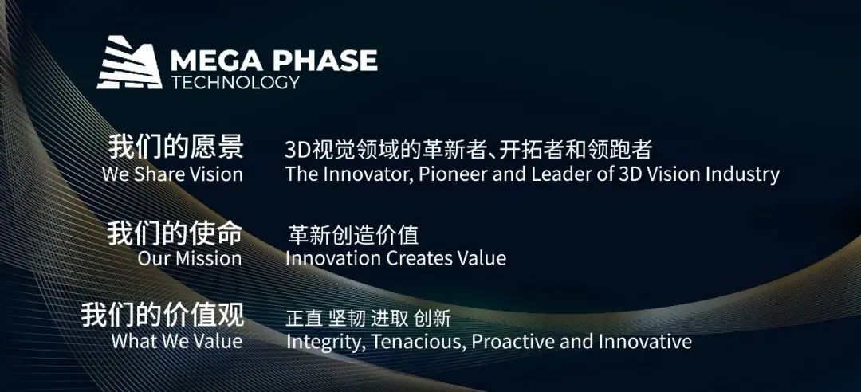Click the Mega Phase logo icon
coord(130,62)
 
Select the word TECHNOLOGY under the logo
coord(235,82)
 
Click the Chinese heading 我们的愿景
coord(175,147)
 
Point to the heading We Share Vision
coord(172,174)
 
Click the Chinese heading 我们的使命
coord(175,233)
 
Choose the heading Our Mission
coord(190,258)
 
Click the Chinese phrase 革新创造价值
coord(353,235)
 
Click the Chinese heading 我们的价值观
coord(163,316)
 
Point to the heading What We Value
coord(177,341)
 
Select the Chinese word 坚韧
coord(347,318)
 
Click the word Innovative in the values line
coord(645,342)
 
